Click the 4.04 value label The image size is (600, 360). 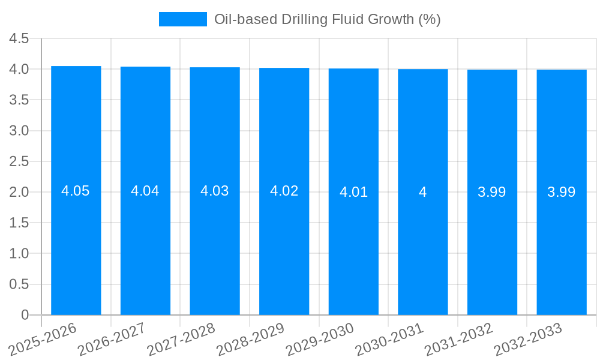(x=145, y=191)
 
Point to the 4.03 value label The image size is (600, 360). (x=215, y=191)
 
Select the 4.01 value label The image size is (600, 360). (x=353, y=193)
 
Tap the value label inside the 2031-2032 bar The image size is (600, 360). (x=492, y=193)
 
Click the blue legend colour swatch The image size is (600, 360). (x=182, y=19)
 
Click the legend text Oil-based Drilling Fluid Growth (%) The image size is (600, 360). (x=327, y=19)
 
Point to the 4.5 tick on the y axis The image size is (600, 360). (x=19, y=38)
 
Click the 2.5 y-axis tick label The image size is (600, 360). (x=19, y=161)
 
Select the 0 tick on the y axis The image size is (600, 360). (x=25, y=315)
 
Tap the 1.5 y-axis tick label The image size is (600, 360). (x=19, y=223)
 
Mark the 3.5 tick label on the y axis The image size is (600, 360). (x=19, y=100)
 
